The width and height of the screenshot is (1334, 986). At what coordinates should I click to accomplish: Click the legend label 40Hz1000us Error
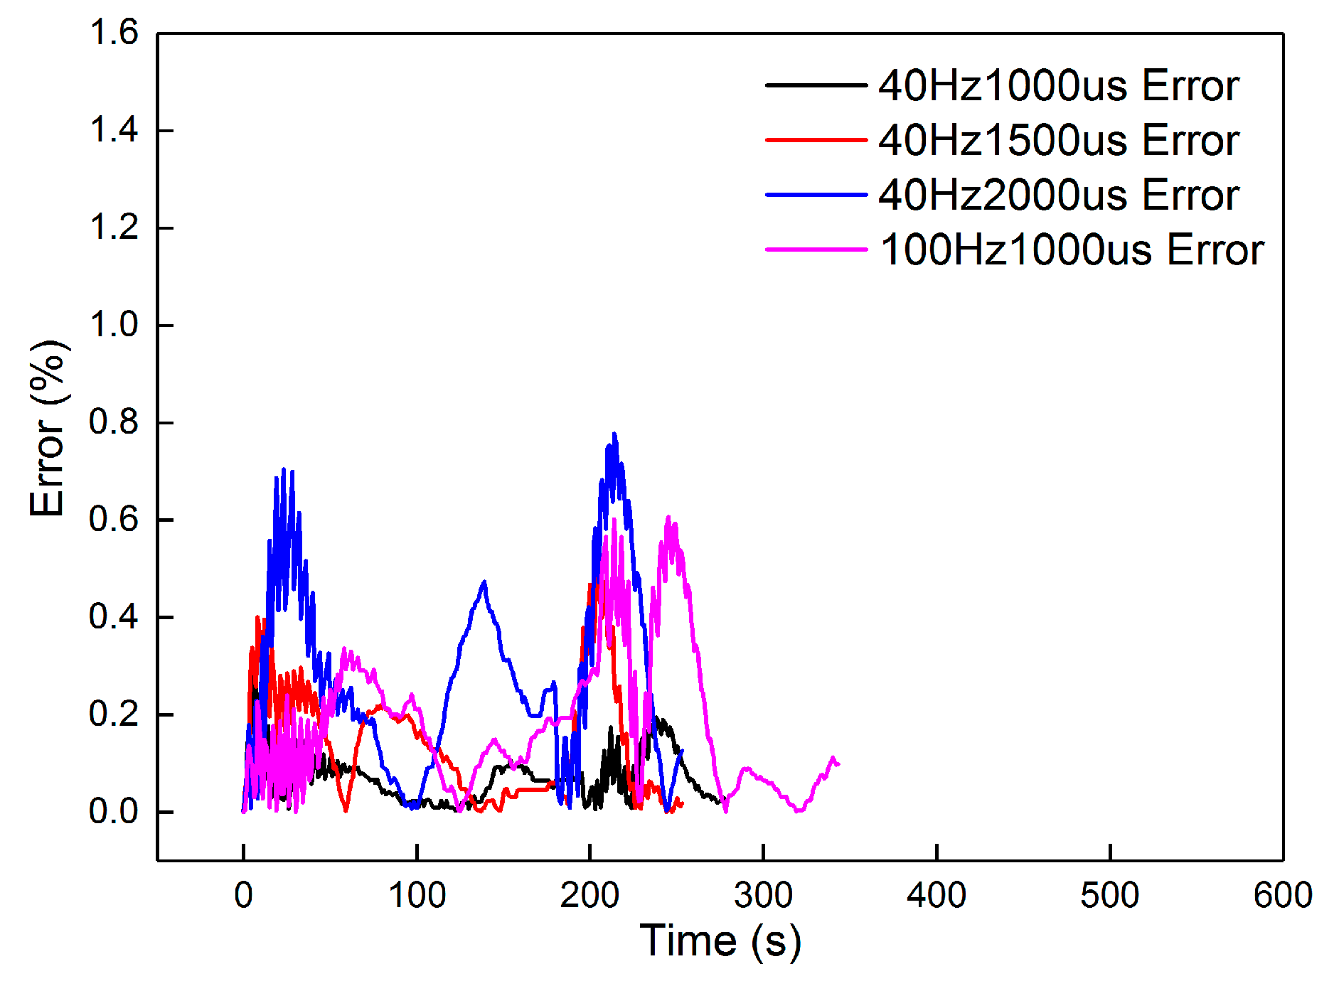click(x=1058, y=86)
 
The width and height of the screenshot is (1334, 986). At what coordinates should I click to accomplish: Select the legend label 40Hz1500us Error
click(x=1058, y=140)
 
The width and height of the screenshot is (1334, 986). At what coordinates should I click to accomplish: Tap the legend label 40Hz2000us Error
click(x=1058, y=195)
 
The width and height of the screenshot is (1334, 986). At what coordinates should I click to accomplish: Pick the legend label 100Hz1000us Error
click(x=1072, y=250)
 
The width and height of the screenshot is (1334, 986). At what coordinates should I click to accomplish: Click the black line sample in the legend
click(x=816, y=85)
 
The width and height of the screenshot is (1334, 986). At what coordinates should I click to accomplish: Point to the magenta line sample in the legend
click(x=816, y=250)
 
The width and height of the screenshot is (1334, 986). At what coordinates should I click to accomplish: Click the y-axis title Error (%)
click(x=48, y=428)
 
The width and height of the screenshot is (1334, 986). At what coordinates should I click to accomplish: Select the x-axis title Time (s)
click(x=720, y=941)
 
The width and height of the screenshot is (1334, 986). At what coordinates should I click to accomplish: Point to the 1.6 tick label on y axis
click(x=114, y=33)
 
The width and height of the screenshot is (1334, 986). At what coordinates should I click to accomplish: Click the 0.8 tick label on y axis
click(x=114, y=422)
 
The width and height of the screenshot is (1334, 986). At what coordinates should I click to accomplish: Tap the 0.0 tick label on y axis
click(x=114, y=811)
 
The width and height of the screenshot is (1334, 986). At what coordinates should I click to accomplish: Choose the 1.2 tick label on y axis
click(x=114, y=227)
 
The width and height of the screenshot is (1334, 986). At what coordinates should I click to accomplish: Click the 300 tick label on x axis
click(x=763, y=895)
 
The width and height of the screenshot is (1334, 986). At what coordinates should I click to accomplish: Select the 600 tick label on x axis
click(x=1282, y=895)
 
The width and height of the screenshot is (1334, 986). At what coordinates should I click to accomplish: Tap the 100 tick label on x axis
click(x=417, y=895)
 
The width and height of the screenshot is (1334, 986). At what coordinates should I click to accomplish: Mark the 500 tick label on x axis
click(x=1109, y=895)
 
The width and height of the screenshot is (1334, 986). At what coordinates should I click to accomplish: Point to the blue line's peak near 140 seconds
click(x=484, y=582)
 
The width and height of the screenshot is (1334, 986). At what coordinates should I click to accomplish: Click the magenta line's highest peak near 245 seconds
click(x=668, y=517)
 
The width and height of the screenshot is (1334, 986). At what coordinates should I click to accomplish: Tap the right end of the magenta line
click(x=839, y=764)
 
